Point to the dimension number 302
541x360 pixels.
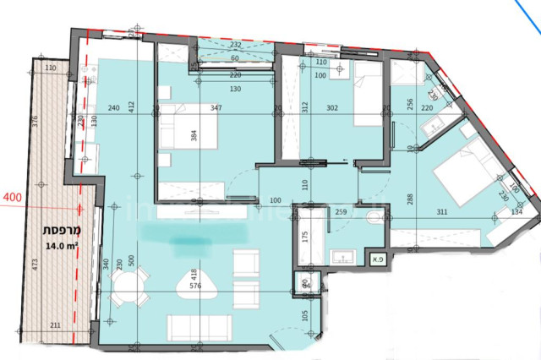(333, 108)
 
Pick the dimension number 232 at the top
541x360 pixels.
(236, 46)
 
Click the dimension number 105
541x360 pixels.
(304, 318)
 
